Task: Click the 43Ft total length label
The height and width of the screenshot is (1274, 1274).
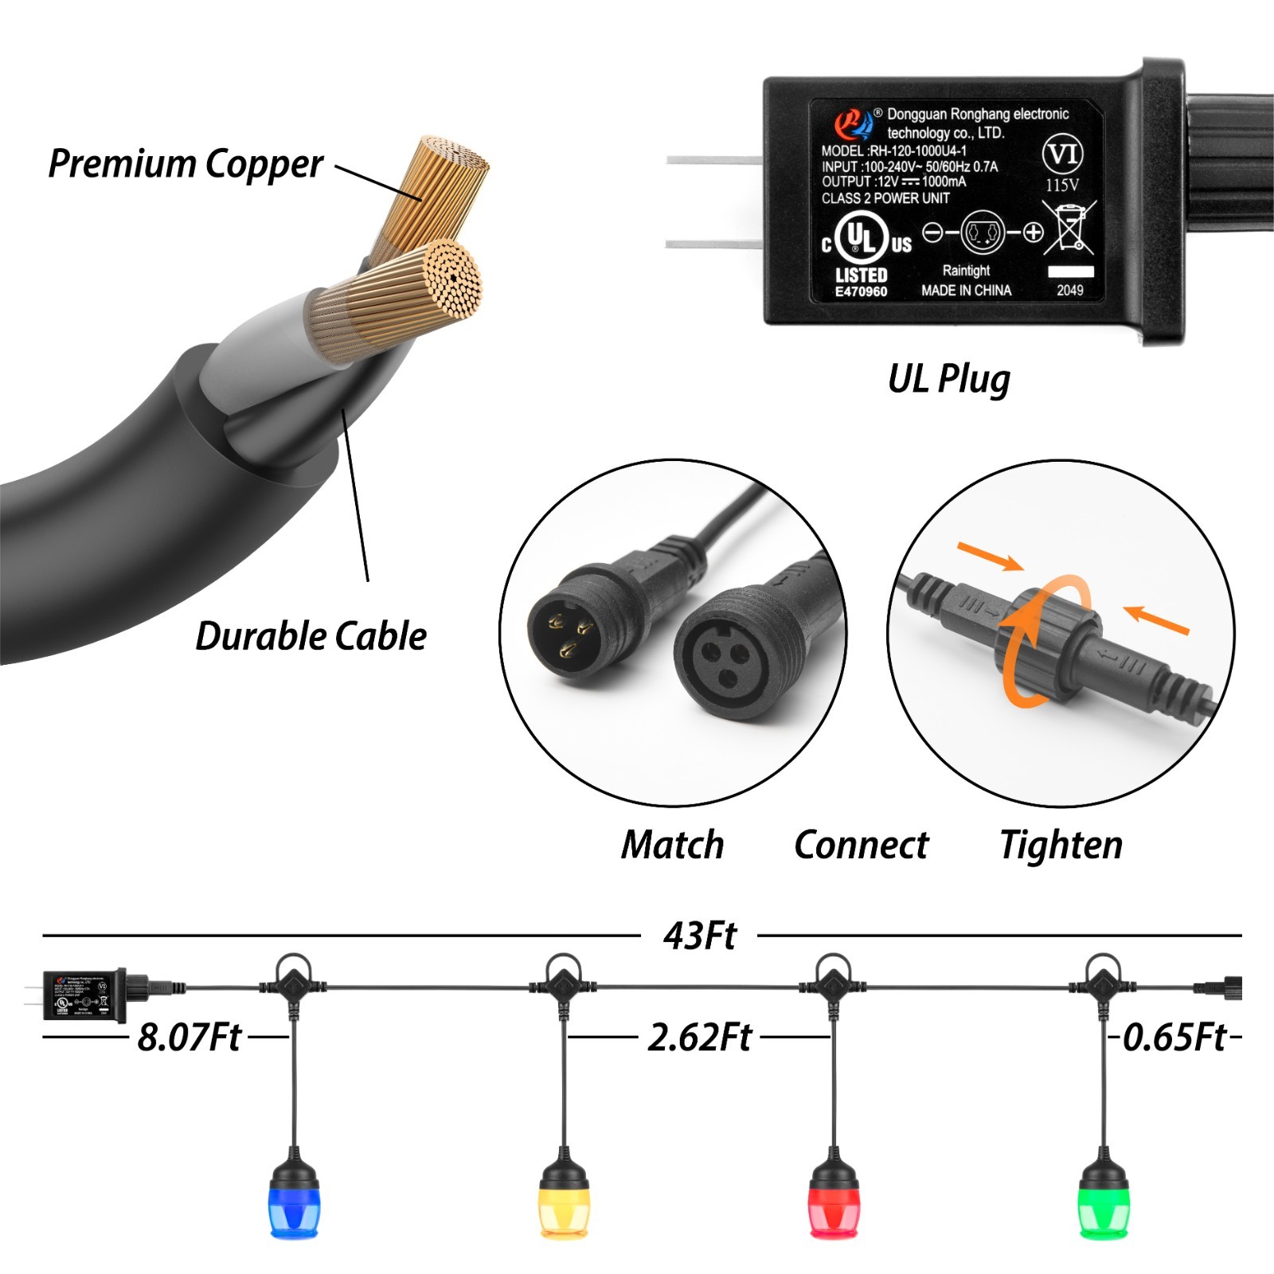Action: coord(700,936)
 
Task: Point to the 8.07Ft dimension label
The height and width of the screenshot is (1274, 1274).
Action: coord(190,1038)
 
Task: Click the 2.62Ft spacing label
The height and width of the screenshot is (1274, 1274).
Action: coord(700,1038)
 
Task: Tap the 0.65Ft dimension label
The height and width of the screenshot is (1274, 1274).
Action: coord(1174,1038)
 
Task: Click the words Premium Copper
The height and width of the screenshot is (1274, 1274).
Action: coord(186,164)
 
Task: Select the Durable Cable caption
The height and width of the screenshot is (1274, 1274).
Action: coord(311,636)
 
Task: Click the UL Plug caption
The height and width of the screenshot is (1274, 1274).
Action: coord(949,379)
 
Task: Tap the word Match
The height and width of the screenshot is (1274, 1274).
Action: coord(673,845)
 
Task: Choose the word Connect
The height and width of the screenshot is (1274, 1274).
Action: coord(862,845)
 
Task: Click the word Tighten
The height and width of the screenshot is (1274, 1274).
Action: coord(1061,845)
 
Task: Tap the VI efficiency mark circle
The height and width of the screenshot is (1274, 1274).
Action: coord(1062,153)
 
